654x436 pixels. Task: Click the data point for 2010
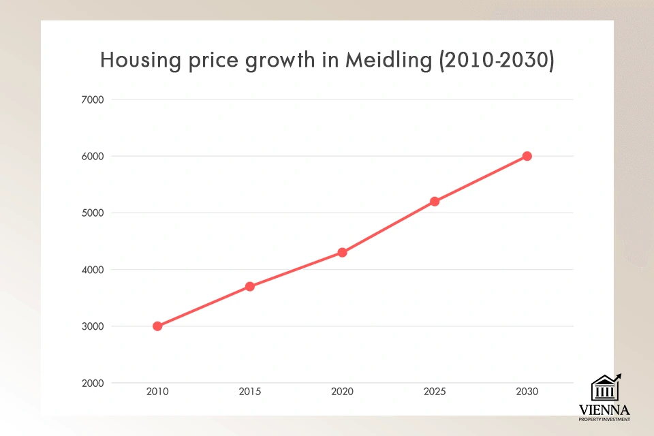tap(157, 326)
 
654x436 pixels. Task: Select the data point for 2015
tap(250, 286)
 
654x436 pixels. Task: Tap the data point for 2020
tap(342, 252)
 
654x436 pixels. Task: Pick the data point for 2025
tap(435, 202)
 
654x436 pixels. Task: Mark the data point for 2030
tap(527, 156)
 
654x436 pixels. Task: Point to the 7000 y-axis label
tap(92, 99)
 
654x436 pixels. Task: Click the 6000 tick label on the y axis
tap(92, 156)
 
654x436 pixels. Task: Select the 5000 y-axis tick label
tap(92, 213)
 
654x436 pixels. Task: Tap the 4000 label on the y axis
tap(92, 270)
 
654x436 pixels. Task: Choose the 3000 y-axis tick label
tap(92, 326)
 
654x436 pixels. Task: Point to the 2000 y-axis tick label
tap(92, 383)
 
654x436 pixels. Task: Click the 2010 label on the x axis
tap(157, 392)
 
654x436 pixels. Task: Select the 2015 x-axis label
tap(250, 392)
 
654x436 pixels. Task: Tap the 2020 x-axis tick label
tap(342, 392)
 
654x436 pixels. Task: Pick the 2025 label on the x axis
tap(435, 392)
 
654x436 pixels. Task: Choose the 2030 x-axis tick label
tap(527, 392)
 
